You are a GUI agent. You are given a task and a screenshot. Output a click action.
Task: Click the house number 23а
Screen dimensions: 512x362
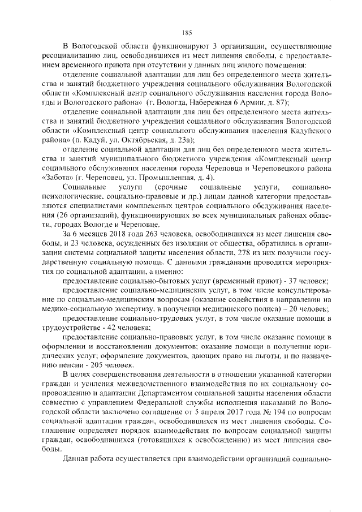[184, 139]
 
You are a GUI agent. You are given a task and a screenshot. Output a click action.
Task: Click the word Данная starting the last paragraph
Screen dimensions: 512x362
[78, 459]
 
